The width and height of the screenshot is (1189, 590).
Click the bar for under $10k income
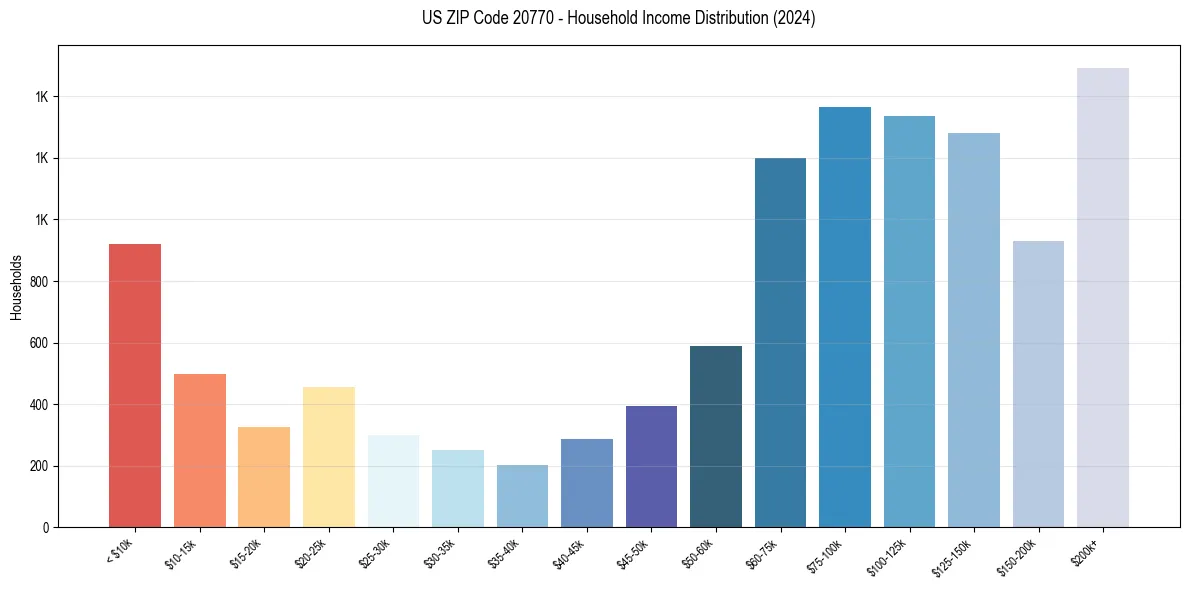(135, 385)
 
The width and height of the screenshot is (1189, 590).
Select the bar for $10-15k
(199, 450)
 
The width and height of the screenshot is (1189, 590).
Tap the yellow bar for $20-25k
(328, 457)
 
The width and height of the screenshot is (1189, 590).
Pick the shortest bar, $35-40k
(522, 496)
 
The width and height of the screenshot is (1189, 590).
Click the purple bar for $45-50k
(651, 466)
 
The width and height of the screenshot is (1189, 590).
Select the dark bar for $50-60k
(716, 436)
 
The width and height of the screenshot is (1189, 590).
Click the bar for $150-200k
(1038, 384)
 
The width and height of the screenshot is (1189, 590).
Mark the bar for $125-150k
(974, 330)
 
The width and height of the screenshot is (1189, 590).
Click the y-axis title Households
(16, 287)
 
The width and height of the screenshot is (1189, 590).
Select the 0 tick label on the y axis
(45, 528)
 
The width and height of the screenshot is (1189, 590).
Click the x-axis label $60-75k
(765, 553)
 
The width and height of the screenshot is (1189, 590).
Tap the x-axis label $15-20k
(249, 553)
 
